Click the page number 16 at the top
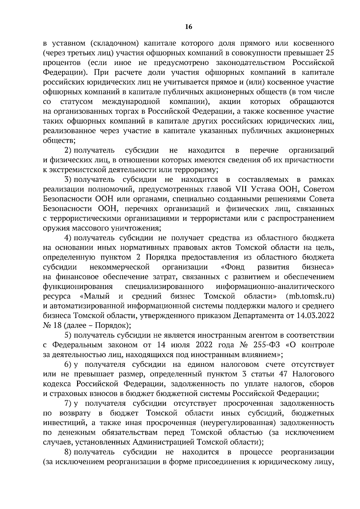[188, 27]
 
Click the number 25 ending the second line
[330, 53]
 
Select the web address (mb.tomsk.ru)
[310, 296]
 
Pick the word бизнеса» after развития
[318, 267]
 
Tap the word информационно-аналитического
[275, 287]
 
